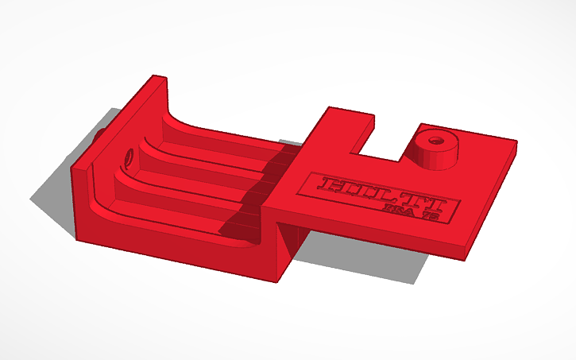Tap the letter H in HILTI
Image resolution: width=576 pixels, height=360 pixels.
pyautogui.click(x=331, y=185)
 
